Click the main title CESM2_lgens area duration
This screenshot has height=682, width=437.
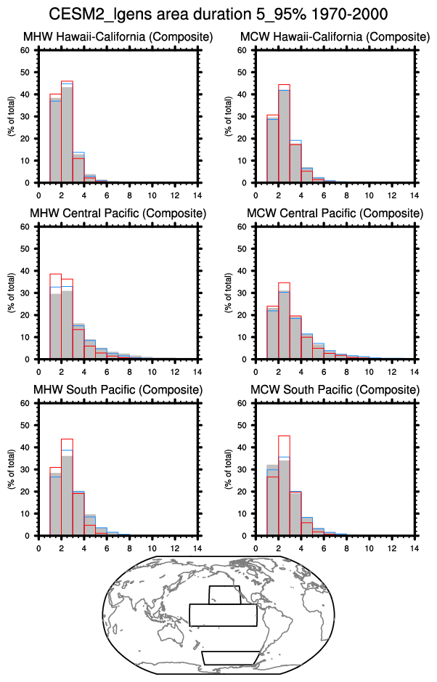218,14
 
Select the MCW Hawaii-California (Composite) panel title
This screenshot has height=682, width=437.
335,37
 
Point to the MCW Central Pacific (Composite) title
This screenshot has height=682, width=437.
335,214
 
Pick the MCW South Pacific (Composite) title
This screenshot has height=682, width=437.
335,390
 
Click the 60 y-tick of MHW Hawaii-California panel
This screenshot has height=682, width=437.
26,50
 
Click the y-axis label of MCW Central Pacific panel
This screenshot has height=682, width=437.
229,293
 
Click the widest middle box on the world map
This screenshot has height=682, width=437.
224,614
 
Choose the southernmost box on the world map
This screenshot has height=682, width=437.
229,657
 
